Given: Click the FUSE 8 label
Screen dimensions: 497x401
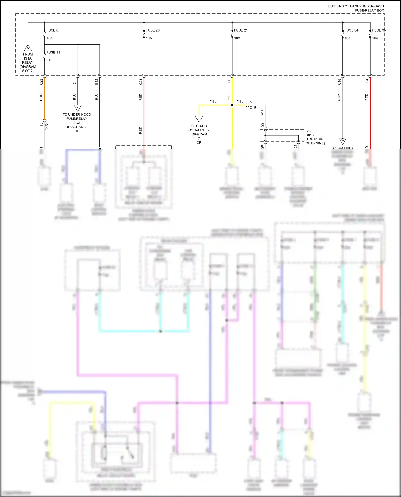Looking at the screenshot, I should [x=52, y=30].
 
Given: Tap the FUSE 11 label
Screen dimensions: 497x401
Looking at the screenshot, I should [x=53, y=52].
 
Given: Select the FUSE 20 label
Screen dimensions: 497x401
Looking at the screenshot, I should [x=153, y=30].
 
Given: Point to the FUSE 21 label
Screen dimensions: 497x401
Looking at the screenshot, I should [x=241, y=30].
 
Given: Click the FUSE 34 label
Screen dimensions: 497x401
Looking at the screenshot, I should [x=351, y=30].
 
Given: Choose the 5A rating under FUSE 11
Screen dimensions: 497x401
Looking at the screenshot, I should [x=49, y=60].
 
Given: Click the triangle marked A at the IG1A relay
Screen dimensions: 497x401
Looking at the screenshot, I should [x=28, y=48].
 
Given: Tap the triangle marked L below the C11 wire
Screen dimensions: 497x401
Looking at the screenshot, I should [x=78, y=108].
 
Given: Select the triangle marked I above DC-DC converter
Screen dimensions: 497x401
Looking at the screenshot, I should [x=199, y=119].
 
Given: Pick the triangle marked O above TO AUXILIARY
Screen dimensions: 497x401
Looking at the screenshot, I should [x=342, y=140].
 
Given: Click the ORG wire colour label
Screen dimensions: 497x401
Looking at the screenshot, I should [x=41, y=97].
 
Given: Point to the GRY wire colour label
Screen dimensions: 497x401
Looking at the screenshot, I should [x=339, y=97].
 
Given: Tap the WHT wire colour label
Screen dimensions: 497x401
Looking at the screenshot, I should [x=262, y=112].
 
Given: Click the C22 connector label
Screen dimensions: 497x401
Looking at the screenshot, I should [x=41, y=82].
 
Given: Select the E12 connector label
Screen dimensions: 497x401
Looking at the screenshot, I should [x=97, y=82].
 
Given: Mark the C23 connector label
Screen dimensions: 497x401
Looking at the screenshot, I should [x=141, y=82].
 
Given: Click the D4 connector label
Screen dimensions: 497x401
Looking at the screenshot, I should [x=367, y=81].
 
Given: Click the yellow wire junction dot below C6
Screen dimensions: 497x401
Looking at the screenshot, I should [x=232, y=105].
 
